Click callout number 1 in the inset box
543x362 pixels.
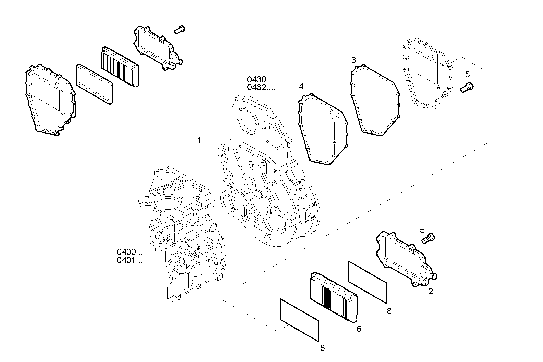pyautogui.click(x=199, y=140)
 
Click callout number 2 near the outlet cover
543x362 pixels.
pyautogui.click(x=431, y=291)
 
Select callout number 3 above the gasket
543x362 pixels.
pyautogui.click(x=353, y=60)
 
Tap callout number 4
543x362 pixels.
pyautogui.click(x=301, y=87)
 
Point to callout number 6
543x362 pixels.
pyautogui.click(x=359, y=329)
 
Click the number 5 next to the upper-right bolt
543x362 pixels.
pyautogui.click(x=467, y=75)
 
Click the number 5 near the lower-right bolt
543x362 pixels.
pyautogui.click(x=422, y=230)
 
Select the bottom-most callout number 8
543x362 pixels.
pyautogui.click(x=323, y=348)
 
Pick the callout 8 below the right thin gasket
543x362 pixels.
pyautogui.click(x=389, y=311)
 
